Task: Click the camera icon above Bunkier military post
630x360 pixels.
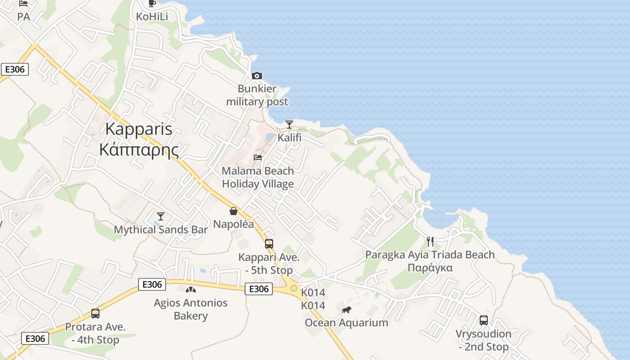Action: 257,76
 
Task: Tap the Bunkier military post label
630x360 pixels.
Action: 257,95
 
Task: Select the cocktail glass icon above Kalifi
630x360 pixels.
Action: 289,124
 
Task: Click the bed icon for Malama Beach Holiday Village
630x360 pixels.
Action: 258,157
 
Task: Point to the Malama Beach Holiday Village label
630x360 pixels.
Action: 258,177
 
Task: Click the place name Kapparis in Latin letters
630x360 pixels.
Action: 139,129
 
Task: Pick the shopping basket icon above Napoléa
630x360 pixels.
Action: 234,211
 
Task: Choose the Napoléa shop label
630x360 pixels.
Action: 234,224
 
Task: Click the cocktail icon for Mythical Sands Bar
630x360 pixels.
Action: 160,216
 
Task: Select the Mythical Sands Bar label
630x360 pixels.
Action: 161,229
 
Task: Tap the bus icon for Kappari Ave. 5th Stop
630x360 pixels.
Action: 269,244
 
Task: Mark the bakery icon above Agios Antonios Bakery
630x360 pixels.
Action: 191,290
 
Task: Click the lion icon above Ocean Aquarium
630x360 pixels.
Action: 346,310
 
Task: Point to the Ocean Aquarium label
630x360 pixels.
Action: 346,323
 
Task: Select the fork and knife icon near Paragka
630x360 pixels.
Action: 430,242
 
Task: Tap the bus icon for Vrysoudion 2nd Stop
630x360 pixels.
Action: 484,320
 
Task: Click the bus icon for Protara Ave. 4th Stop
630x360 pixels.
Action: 95,314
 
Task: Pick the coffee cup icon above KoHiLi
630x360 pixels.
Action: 152,4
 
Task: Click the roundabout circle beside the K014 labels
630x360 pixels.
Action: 294,288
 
